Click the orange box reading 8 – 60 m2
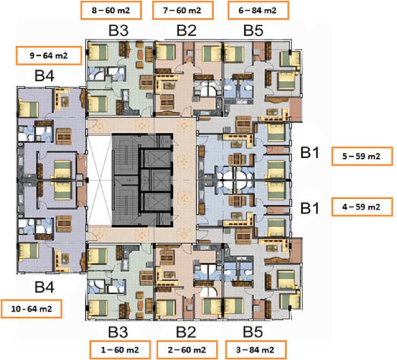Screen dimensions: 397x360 pyautogui.click(x=111, y=10)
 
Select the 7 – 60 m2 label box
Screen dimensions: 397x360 pyautogui.click(x=183, y=10)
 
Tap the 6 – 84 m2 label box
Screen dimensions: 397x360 pyautogui.click(x=258, y=10)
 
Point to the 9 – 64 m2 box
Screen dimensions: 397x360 pyautogui.click(x=49, y=56)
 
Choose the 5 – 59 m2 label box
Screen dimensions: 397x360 pyautogui.click(x=362, y=156)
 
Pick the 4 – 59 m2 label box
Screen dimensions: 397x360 pyautogui.click(x=362, y=207)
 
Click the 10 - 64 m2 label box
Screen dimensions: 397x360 pyautogui.click(x=31, y=309)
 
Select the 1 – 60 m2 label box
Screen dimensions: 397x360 pyautogui.click(x=120, y=350)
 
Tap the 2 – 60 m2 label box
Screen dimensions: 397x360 pyautogui.click(x=187, y=350)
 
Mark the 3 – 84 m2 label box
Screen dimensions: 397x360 pyautogui.click(x=256, y=350)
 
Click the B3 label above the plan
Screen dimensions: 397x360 pyautogui.click(x=118, y=31)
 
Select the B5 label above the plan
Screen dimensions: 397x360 pyautogui.click(x=253, y=31)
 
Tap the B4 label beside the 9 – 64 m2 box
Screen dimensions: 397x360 pyautogui.click(x=44, y=76)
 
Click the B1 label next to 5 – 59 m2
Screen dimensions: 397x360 pyautogui.click(x=310, y=153)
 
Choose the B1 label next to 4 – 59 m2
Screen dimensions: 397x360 pyautogui.click(x=310, y=208)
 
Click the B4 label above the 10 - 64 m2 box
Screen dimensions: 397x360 pyautogui.click(x=44, y=287)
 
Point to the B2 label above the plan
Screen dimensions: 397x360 pyautogui.click(x=187, y=31)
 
